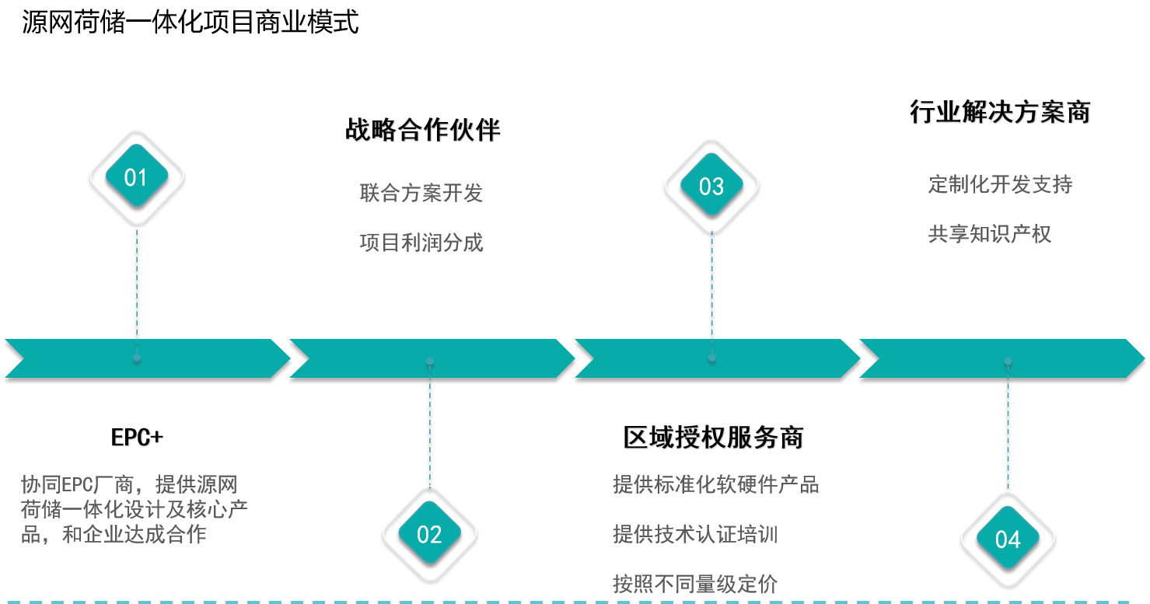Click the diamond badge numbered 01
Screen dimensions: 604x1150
136,176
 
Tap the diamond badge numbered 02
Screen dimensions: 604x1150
429,533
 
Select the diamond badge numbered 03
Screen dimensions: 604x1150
711,185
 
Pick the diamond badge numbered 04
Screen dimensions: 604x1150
1007,538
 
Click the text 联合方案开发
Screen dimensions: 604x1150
421,193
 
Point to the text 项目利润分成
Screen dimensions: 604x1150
421,243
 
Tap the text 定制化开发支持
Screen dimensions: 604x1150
1000,184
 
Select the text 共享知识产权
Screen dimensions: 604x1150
989,234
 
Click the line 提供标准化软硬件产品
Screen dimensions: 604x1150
715,484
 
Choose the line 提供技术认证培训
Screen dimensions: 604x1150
694,534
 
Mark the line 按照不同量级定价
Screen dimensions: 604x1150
694,584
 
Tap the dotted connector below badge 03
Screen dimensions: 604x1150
711,284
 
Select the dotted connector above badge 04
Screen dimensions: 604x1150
1008,435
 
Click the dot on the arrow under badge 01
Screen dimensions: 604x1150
137,358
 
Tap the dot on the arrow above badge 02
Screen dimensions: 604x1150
429,361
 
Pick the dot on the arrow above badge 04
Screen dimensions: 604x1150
1008,361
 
